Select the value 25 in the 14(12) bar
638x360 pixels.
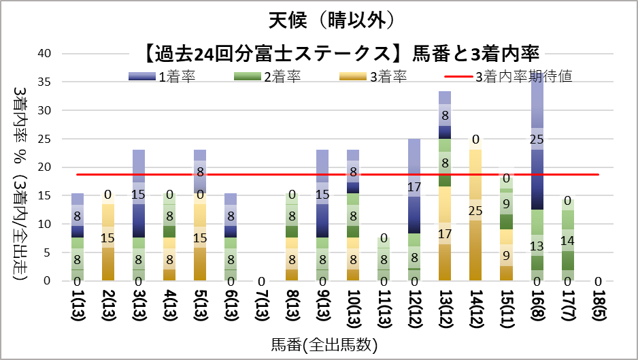477,210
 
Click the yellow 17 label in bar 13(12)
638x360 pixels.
446,233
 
